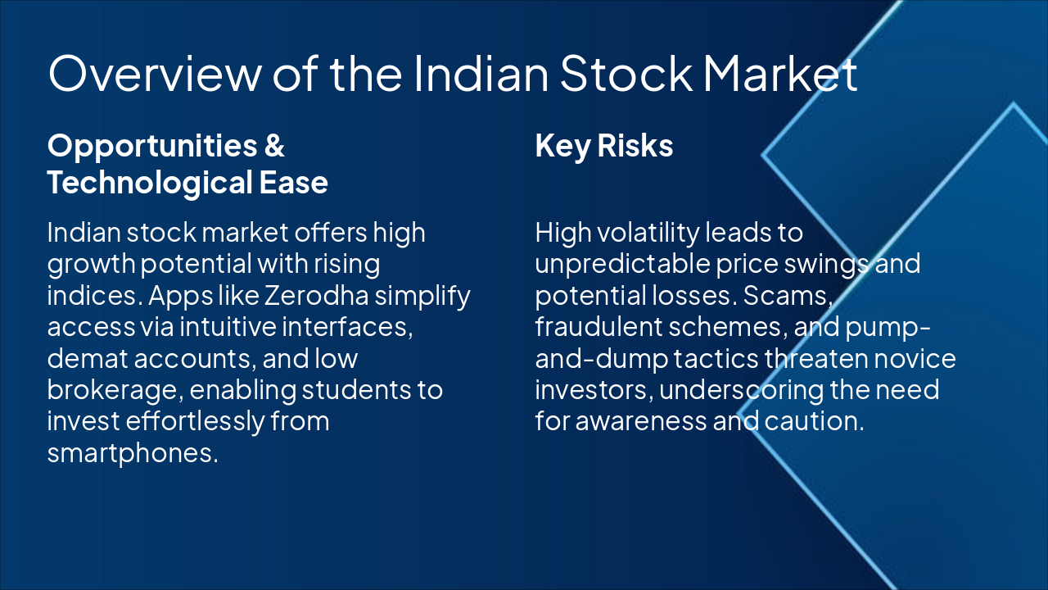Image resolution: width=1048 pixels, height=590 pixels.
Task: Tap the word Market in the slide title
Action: pyautogui.click(x=780, y=73)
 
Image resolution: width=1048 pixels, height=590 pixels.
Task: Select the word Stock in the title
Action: pyautogui.click(x=628, y=73)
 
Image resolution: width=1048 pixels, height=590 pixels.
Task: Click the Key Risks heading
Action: pyautogui.click(x=604, y=146)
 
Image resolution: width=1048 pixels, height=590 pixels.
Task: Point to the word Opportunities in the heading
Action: pyautogui.click(x=141, y=146)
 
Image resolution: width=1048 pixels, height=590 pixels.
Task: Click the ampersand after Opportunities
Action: pyautogui.click(x=274, y=146)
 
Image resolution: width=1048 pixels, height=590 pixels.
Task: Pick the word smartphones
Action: pyautogui.click(x=133, y=452)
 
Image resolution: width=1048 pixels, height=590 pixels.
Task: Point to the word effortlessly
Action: pyautogui.click(x=196, y=421)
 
